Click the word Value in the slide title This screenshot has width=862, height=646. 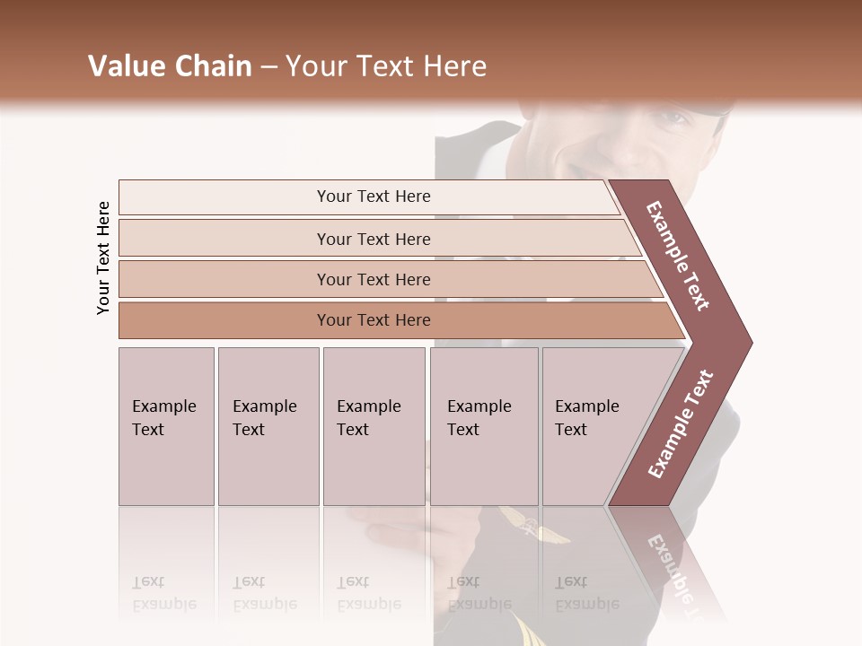pyautogui.click(x=125, y=66)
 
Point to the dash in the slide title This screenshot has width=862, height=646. pyautogui.click(x=268, y=67)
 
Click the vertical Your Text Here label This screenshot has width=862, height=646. pyautogui.click(x=103, y=258)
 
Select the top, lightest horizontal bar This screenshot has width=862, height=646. pyautogui.click(x=373, y=196)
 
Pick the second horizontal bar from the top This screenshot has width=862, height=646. pyautogui.click(x=373, y=239)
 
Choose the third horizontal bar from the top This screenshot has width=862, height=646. pyautogui.click(x=373, y=279)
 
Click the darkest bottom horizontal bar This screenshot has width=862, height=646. pyautogui.click(x=373, y=320)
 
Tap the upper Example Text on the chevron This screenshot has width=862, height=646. pyautogui.click(x=678, y=256)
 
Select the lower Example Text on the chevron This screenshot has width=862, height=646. pyautogui.click(x=681, y=423)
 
